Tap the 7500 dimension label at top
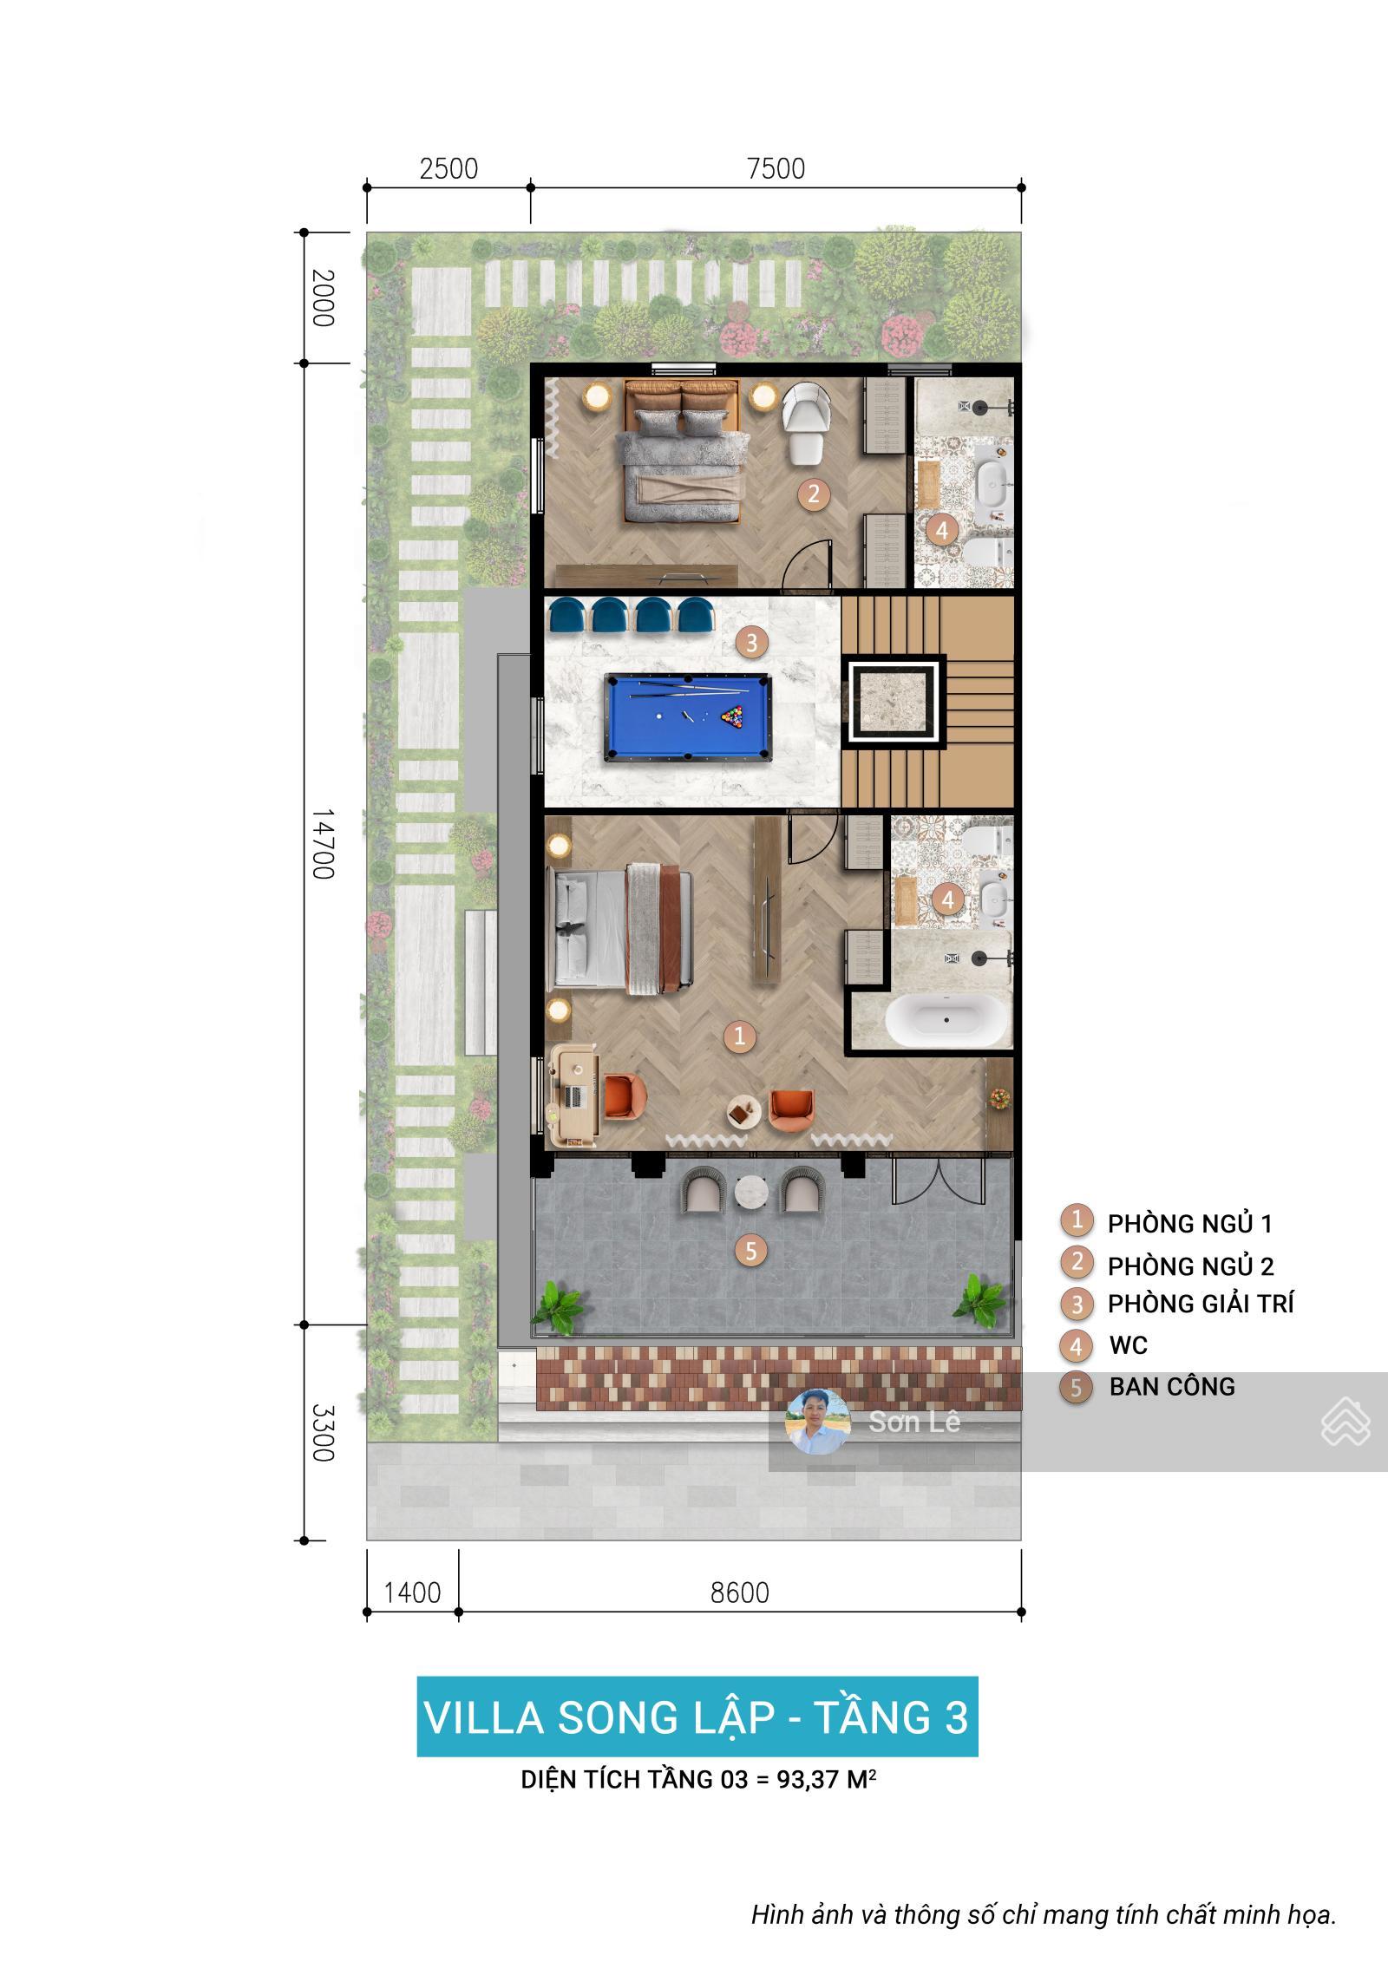coord(776,168)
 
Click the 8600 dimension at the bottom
coord(739,1592)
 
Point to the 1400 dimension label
coord(412,1592)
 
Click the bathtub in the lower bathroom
coord(946,1021)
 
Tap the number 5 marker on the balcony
coord(751,1250)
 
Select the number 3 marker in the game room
coord(751,642)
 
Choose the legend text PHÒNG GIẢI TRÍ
coord(1200,1304)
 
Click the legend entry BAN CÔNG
coord(1171,1386)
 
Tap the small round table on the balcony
coord(751,1194)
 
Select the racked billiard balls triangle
coord(733,717)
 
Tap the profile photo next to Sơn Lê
coord(817,1422)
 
